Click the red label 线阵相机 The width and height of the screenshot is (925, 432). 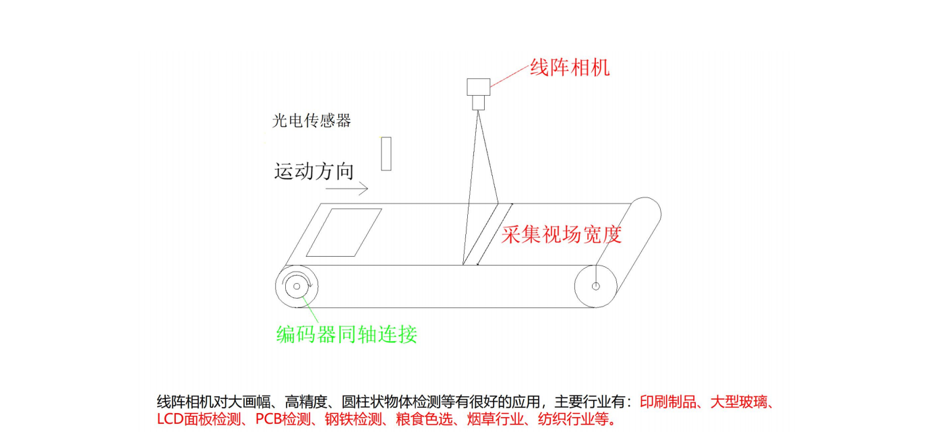point(570,68)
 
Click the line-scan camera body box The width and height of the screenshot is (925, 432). point(478,87)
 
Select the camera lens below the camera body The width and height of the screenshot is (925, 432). point(478,102)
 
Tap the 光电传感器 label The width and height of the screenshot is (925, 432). point(311,121)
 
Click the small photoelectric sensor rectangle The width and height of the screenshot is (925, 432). point(386,154)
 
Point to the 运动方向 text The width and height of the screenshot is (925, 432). point(314,171)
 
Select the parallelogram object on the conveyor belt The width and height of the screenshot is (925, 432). point(344,233)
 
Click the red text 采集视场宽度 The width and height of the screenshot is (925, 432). point(561,234)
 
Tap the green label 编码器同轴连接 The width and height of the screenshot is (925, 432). point(347,334)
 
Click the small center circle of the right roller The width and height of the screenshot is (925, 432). point(596,286)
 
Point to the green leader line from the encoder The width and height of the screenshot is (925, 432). point(313,311)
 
